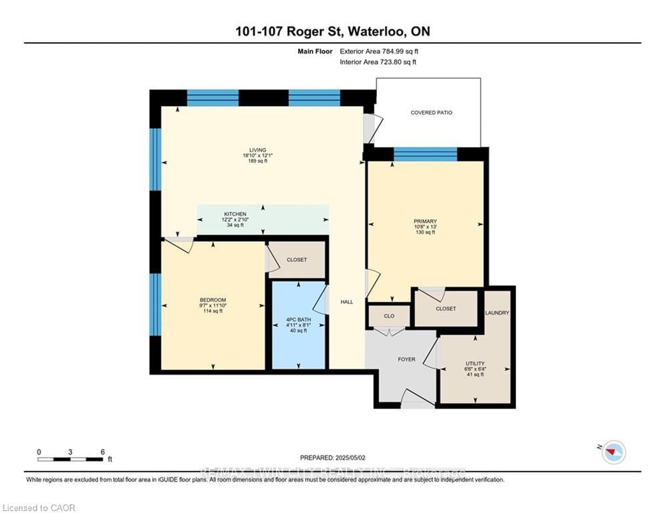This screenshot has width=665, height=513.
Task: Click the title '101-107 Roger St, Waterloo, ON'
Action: click(x=332, y=31)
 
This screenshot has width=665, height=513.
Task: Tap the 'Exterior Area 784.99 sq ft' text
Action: click(x=379, y=51)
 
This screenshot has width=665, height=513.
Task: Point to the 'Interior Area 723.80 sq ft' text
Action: click(x=378, y=62)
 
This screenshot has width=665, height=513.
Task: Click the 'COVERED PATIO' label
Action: click(x=431, y=113)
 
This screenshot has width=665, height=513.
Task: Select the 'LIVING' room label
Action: click(x=257, y=150)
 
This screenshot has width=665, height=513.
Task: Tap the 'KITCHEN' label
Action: click(x=235, y=214)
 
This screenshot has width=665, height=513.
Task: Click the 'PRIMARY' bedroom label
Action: click(x=424, y=221)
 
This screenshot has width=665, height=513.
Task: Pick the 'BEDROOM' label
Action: click(x=213, y=300)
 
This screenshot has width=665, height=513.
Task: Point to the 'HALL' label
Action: click(x=347, y=302)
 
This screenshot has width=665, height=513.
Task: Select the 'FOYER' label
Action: click(x=406, y=359)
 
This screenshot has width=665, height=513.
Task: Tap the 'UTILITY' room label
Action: click(x=475, y=364)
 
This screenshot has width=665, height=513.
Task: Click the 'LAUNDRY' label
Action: click(x=497, y=313)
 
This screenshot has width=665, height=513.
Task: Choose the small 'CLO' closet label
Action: click(x=389, y=316)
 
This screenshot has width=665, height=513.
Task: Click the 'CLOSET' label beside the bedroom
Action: click(x=297, y=259)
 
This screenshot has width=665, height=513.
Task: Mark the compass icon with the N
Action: click(x=613, y=452)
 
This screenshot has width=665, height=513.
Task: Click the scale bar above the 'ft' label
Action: click(x=70, y=459)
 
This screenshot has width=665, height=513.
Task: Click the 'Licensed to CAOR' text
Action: click(x=38, y=508)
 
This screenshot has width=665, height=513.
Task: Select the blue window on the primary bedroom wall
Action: click(x=425, y=154)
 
